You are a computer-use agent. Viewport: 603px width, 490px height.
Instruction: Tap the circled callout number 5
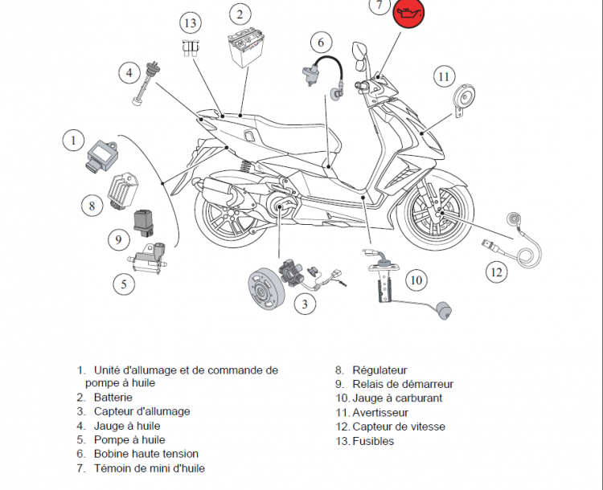[123, 283]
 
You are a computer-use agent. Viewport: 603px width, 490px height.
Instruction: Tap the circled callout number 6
[320, 41]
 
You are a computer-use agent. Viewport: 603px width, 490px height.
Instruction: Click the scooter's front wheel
[433, 215]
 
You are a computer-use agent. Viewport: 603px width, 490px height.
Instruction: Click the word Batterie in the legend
[113, 397]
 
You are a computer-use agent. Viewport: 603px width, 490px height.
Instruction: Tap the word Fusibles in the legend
[373, 441]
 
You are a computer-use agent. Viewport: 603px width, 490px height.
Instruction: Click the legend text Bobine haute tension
[146, 454]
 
